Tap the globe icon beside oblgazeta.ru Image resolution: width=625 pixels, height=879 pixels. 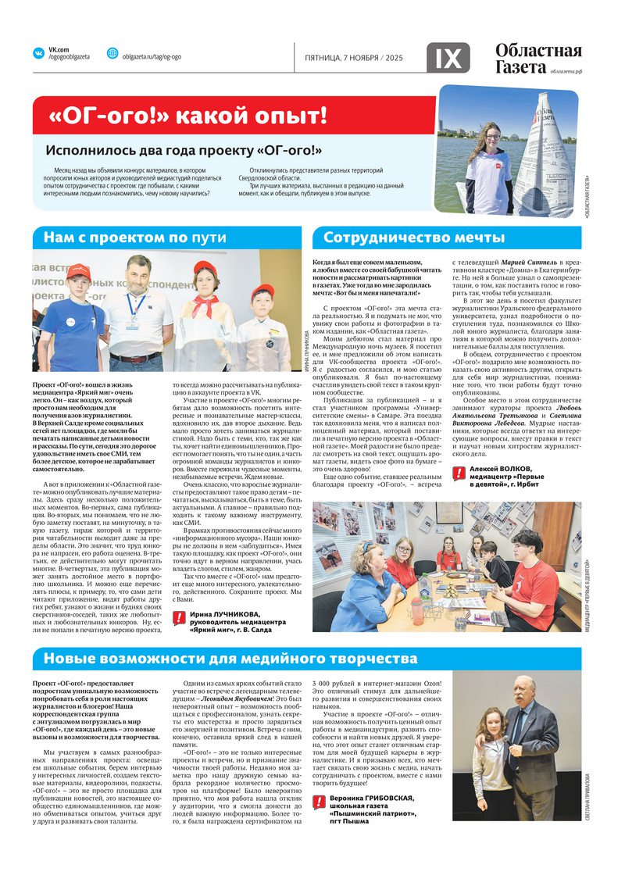click(x=112, y=53)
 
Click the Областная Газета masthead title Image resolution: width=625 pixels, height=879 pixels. click(x=538, y=59)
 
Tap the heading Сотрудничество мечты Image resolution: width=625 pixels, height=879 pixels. click(x=414, y=238)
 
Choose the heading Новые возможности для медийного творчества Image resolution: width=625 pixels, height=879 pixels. click(x=230, y=658)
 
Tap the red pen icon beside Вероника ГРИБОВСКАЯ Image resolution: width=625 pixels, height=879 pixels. click(x=319, y=802)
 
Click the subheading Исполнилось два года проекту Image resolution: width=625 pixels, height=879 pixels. click(x=173, y=150)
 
